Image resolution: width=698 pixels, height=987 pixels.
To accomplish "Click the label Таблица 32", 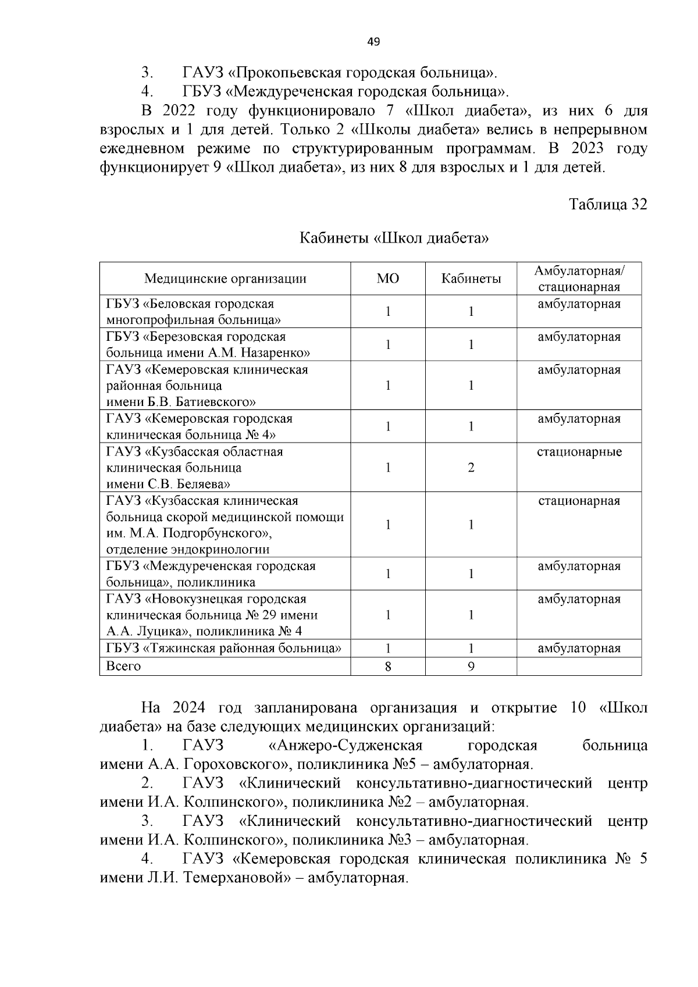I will pyautogui.click(x=608, y=205).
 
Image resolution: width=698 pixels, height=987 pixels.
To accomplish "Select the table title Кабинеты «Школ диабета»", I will pyautogui.click(x=394, y=238).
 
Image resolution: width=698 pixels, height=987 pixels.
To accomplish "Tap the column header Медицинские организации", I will pyautogui.click(x=225, y=279).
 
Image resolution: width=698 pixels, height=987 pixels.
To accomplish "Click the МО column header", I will pyautogui.click(x=388, y=279).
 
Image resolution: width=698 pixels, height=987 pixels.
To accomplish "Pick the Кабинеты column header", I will pyautogui.click(x=471, y=279).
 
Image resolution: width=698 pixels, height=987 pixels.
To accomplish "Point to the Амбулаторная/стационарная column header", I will pyautogui.click(x=579, y=279).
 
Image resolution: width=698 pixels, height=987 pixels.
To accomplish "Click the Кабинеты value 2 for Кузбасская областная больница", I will pyautogui.click(x=471, y=468).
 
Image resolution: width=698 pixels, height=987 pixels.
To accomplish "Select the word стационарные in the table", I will pyautogui.click(x=579, y=452).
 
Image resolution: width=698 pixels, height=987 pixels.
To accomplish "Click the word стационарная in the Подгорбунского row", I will pyautogui.click(x=579, y=501).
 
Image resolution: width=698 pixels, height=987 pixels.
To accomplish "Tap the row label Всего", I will pyautogui.click(x=123, y=666).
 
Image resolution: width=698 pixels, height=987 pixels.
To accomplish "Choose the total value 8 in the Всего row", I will pyautogui.click(x=388, y=667).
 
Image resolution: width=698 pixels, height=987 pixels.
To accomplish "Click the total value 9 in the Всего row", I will pyautogui.click(x=471, y=667).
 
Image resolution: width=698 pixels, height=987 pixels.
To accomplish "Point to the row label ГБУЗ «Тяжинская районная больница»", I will pyautogui.click(x=224, y=648).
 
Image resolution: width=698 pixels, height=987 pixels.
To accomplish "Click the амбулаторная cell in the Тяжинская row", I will pyautogui.click(x=579, y=648).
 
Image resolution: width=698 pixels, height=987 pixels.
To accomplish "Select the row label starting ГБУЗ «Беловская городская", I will pyautogui.click(x=190, y=304).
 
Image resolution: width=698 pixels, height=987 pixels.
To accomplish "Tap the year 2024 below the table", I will pyautogui.click(x=188, y=708).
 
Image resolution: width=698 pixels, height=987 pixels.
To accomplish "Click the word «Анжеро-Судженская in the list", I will pyautogui.click(x=346, y=746).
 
